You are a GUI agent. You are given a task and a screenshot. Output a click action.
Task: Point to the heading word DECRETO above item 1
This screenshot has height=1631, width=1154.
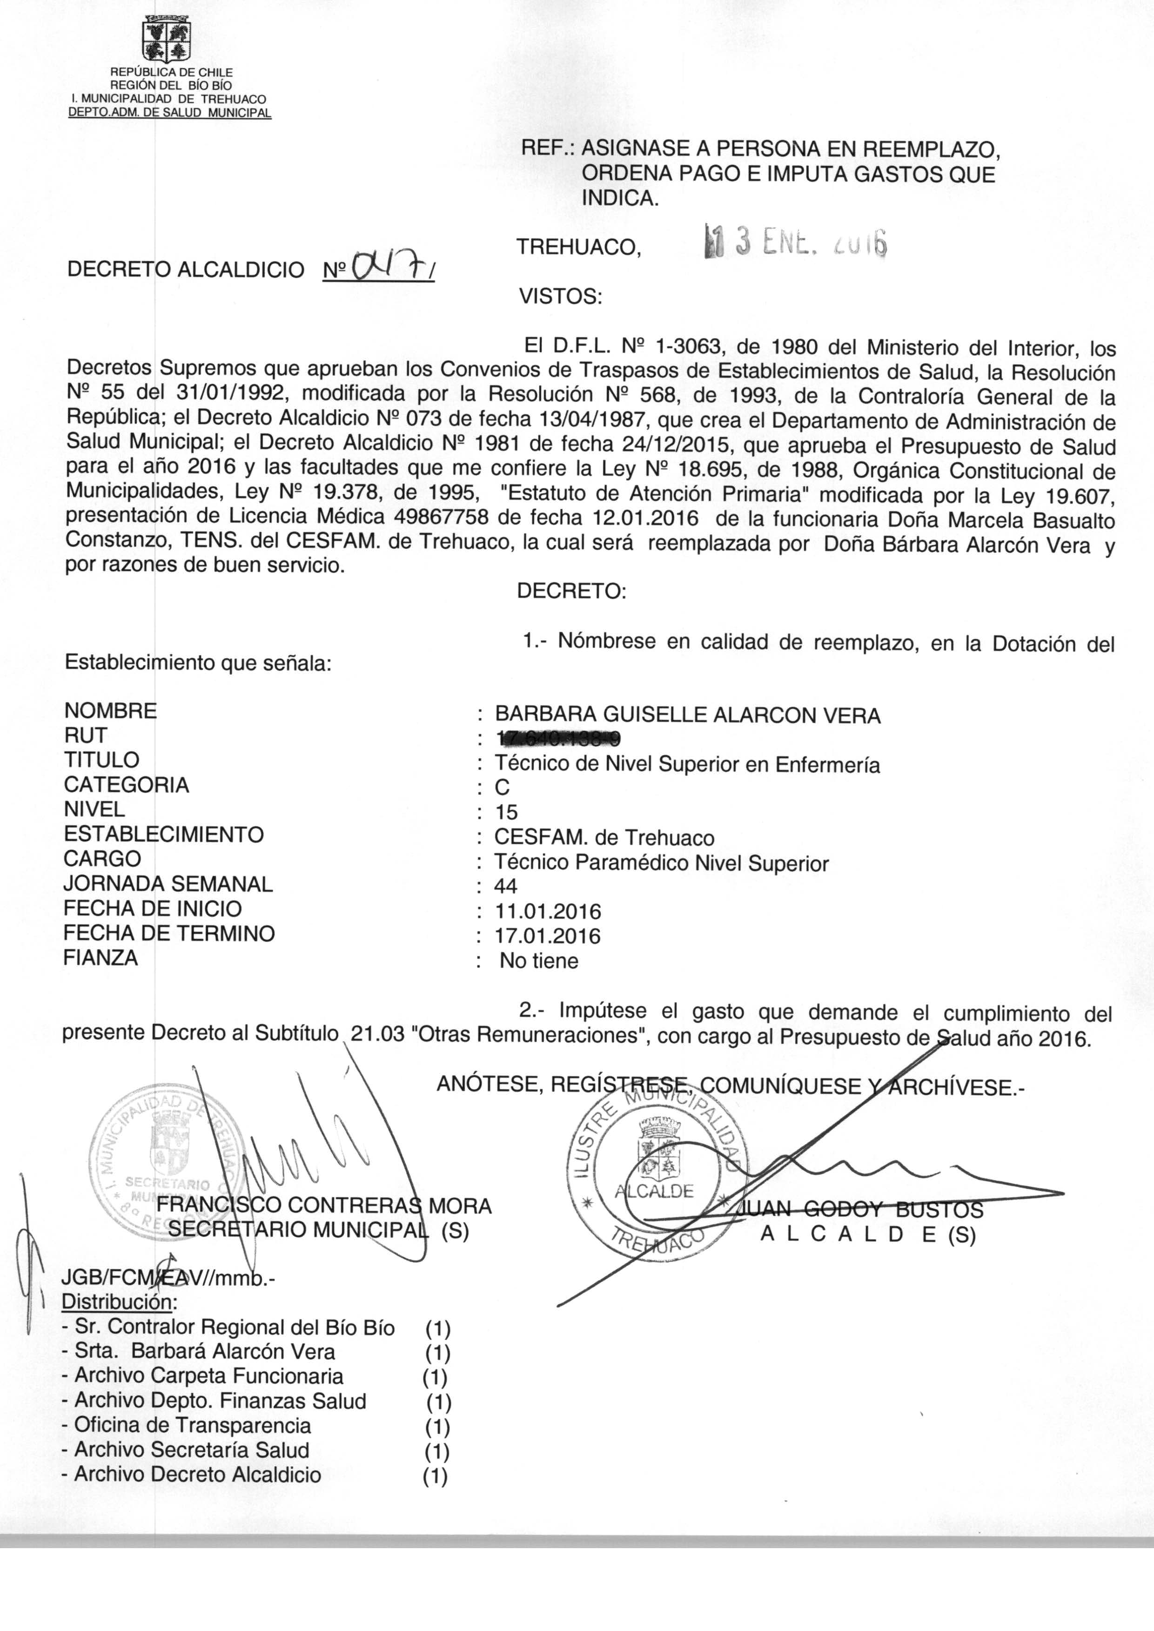pyautogui.click(x=571, y=591)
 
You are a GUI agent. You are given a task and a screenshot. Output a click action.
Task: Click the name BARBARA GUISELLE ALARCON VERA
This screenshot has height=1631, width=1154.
pyautogui.click(x=687, y=715)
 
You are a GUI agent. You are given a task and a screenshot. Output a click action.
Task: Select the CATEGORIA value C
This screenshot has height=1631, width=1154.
pyautogui.click(x=503, y=788)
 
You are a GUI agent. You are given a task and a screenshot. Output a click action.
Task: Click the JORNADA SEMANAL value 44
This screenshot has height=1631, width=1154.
pyautogui.click(x=506, y=886)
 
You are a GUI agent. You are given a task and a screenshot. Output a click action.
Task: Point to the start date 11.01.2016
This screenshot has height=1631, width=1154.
pyautogui.click(x=548, y=912)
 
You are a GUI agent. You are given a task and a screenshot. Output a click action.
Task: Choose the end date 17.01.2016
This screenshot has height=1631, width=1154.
pyautogui.click(x=548, y=937)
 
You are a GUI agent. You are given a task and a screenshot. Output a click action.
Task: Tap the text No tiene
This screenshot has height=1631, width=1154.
pyautogui.click(x=539, y=962)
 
